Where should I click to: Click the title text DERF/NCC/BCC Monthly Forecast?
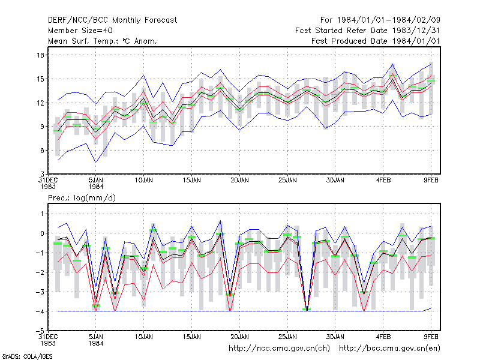point(112,20)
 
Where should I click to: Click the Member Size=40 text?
point(80,31)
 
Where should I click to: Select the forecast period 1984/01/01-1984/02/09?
point(388,20)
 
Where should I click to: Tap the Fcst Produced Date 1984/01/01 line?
point(376,41)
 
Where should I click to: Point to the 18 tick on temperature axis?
point(40,55)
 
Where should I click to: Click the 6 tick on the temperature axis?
point(42,151)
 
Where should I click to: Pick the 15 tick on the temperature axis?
point(40,79)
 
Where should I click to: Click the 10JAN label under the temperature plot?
point(143,180)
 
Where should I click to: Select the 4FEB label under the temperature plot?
point(383,180)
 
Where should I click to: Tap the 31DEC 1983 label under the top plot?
point(48,183)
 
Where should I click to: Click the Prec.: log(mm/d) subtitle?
point(82,198)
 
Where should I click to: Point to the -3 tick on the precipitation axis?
point(40,292)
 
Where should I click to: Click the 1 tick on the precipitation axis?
point(42,214)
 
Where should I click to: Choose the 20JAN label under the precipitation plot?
point(239,337)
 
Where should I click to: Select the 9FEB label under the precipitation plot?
point(431,337)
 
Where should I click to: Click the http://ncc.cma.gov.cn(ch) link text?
point(279,349)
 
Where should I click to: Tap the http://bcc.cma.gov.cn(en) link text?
point(389,349)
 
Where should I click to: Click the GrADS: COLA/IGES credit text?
point(28,356)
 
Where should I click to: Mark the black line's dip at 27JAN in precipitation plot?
point(307,310)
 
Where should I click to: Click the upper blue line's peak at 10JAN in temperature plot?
point(143,76)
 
